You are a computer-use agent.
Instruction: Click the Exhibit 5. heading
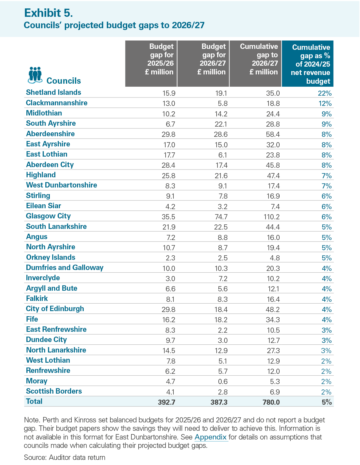pyautogui.click(x=49, y=13)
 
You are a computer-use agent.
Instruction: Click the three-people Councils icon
pyautogui.click(x=35, y=75)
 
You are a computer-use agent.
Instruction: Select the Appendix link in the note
pyautogui.click(x=211, y=437)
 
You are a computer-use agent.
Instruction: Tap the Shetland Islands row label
pyautogui.click(x=53, y=92)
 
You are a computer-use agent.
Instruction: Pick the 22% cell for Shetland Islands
pyautogui.click(x=325, y=93)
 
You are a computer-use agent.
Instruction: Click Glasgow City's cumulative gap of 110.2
pyautogui.click(x=271, y=217)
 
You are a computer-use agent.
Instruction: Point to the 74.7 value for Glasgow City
pyautogui.click(x=221, y=217)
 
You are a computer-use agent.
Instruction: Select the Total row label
pyautogui.click(x=34, y=401)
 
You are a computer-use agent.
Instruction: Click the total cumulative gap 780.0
pyautogui.click(x=271, y=402)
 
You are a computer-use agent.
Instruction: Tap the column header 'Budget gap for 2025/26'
pyautogui.click(x=160, y=59)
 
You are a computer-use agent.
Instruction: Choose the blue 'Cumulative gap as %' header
pyautogui.click(x=310, y=64)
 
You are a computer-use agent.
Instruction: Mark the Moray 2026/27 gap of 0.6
pyautogui.click(x=223, y=382)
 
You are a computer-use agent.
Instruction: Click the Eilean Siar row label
pyautogui.click(x=43, y=205)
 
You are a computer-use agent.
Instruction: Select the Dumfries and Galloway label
pyautogui.click(x=64, y=268)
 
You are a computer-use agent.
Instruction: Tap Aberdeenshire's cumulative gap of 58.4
pyautogui.click(x=273, y=134)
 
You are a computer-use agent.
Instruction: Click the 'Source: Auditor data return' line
pyautogui.click(x=64, y=457)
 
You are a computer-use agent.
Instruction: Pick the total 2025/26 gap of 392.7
pyautogui.click(x=166, y=402)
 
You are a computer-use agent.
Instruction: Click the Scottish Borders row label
pyautogui.click(x=54, y=391)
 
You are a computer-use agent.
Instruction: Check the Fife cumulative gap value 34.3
pyautogui.click(x=273, y=320)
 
